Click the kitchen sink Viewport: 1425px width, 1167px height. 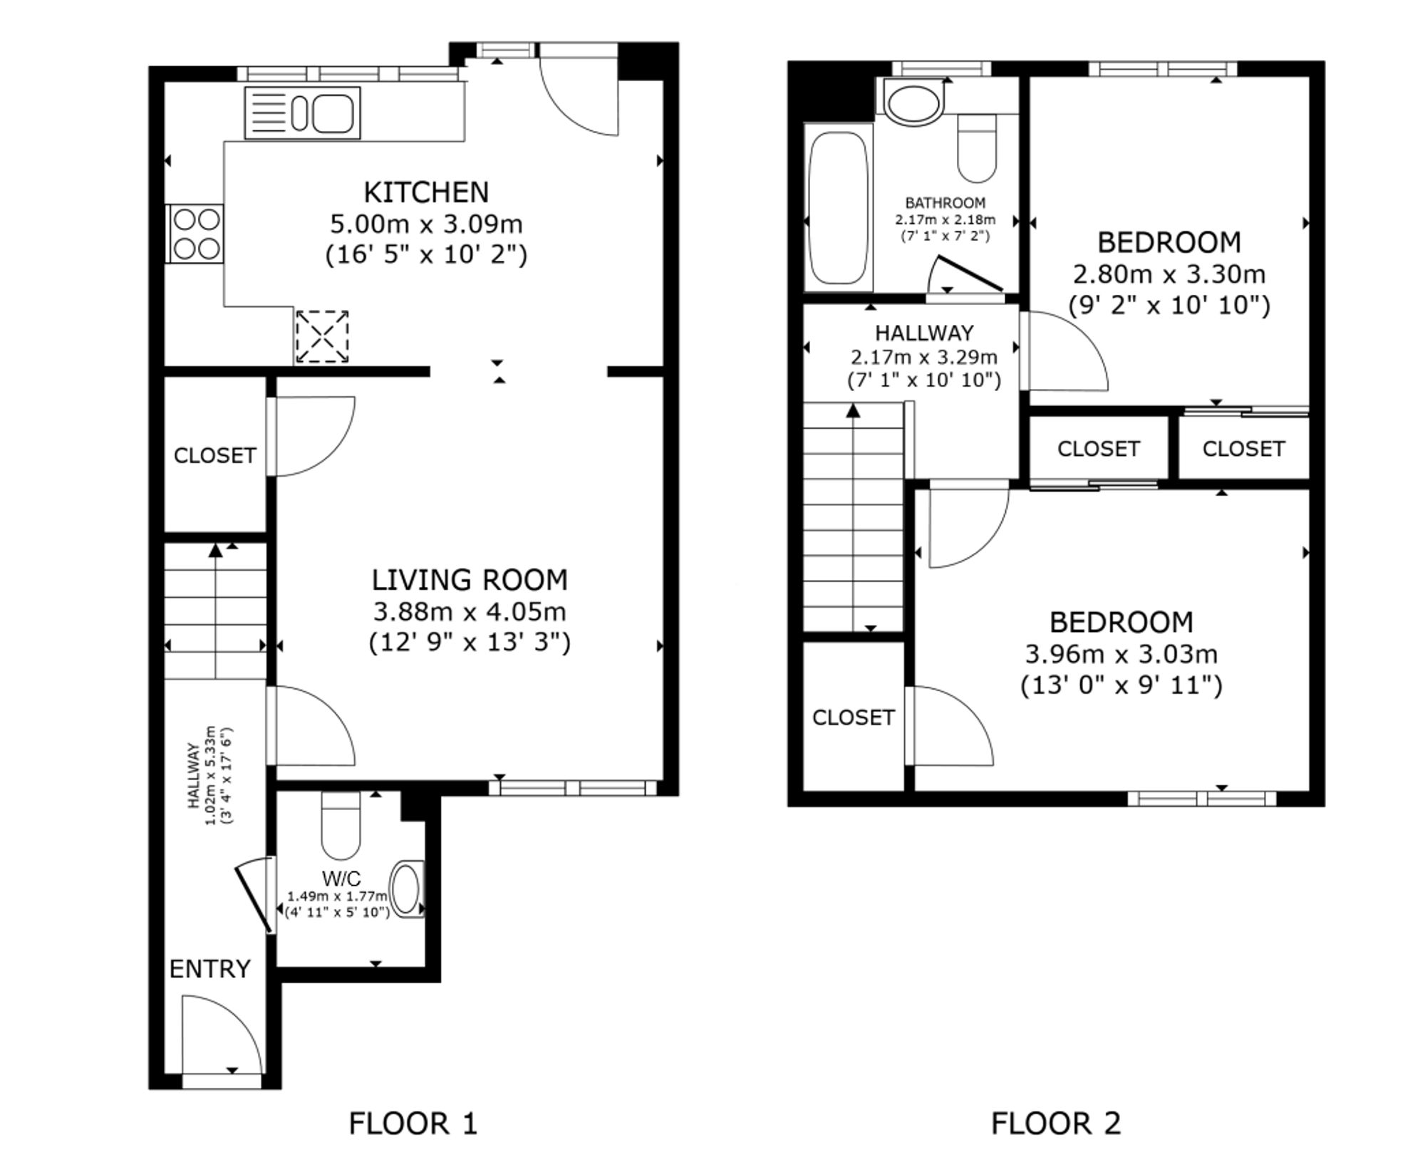[x=303, y=113]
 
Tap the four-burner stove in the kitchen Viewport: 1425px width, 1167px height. [x=195, y=234]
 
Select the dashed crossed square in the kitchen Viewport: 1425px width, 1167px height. [x=322, y=336]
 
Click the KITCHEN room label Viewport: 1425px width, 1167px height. [x=426, y=192]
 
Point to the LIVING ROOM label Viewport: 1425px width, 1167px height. [x=470, y=580]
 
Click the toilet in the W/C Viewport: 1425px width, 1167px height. [x=341, y=825]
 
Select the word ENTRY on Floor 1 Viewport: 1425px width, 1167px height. [x=210, y=969]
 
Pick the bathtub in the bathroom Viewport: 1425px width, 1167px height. [x=838, y=207]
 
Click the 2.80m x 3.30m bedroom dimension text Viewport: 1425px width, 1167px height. [x=1169, y=274]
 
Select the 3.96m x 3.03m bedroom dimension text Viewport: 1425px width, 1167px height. [x=1121, y=654]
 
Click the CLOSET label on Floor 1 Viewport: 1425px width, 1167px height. [x=215, y=456]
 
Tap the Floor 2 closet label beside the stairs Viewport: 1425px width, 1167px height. [x=854, y=717]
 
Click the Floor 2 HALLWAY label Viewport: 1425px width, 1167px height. [x=924, y=333]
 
